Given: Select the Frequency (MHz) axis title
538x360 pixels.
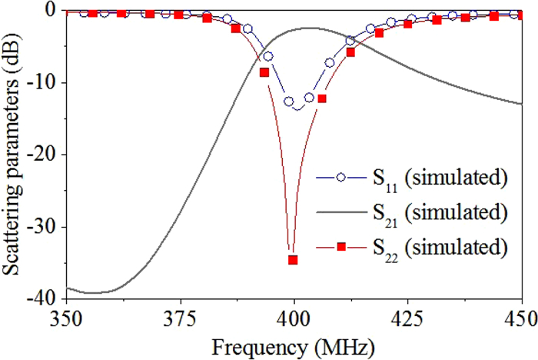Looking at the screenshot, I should (x=293, y=344).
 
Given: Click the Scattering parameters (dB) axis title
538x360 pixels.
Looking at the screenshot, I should (x=13, y=154).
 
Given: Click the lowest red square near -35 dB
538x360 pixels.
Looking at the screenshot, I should (x=293, y=260).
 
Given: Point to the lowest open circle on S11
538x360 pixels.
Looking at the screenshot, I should (x=289, y=102).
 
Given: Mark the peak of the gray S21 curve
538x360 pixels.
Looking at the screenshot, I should (x=309, y=28).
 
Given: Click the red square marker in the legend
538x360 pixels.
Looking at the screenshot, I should (x=338, y=247).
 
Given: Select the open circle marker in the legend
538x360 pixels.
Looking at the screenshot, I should (x=338, y=178).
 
